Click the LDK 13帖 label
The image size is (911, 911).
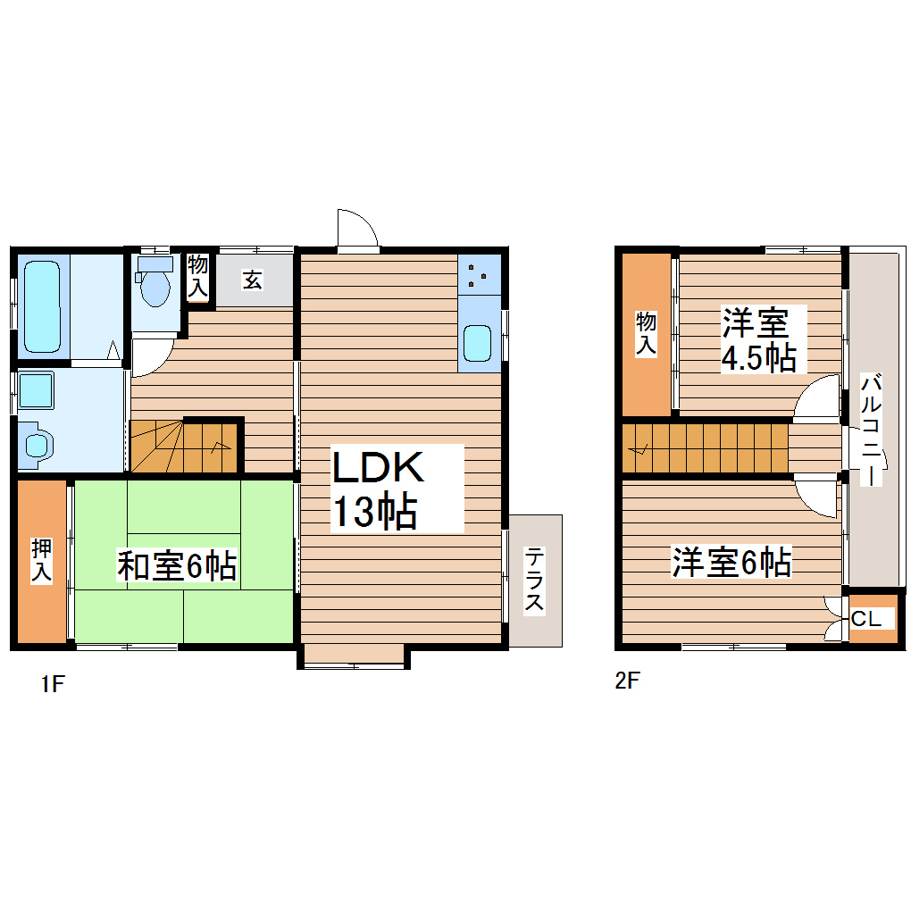coord(375,489)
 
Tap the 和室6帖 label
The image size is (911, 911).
coord(177,566)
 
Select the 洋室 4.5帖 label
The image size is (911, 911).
coord(758,339)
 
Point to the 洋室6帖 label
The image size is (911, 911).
coord(731,563)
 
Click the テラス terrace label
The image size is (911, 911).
coord(534,580)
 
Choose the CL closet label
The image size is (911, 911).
coord(872,618)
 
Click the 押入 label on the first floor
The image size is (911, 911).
coord(42,561)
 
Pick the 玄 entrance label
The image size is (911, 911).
coord(253,280)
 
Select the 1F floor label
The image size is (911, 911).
coord(52,685)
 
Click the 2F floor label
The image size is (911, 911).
coord(628,681)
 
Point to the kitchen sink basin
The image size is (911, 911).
coord(477,343)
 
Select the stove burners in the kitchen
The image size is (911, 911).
coord(479,274)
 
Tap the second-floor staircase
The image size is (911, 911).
coord(706,447)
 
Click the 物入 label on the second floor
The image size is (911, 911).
coord(645,334)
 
